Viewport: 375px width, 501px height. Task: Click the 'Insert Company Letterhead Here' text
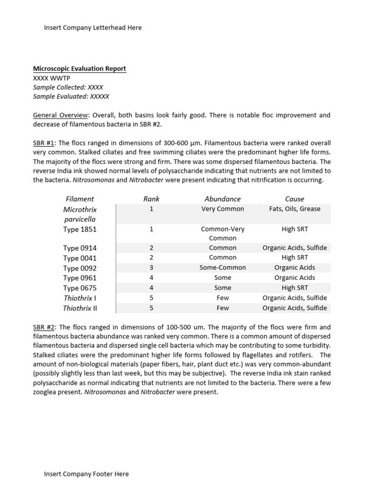click(x=93, y=28)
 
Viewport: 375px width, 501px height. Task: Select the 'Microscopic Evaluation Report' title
click(x=79, y=68)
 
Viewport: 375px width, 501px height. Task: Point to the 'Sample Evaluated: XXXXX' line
click(x=71, y=96)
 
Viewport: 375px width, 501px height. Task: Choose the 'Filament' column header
click(x=80, y=199)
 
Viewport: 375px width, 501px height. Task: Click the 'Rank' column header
click(x=151, y=199)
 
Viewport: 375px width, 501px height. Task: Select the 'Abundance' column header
click(x=223, y=199)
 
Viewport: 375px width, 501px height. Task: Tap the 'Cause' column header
click(x=294, y=199)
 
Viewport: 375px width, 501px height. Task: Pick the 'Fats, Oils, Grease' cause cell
click(x=294, y=209)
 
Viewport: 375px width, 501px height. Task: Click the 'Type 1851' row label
click(x=80, y=229)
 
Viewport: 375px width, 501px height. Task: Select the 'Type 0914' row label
click(x=80, y=248)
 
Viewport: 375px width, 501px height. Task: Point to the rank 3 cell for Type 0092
click(x=151, y=268)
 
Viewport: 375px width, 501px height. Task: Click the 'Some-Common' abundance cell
click(x=223, y=268)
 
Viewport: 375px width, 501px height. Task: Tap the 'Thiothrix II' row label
click(x=80, y=308)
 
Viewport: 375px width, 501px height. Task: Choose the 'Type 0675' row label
click(x=80, y=288)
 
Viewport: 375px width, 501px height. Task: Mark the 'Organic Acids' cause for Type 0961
click(x=294, y=278)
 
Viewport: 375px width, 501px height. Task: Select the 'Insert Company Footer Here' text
click(x=86, y=474)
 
